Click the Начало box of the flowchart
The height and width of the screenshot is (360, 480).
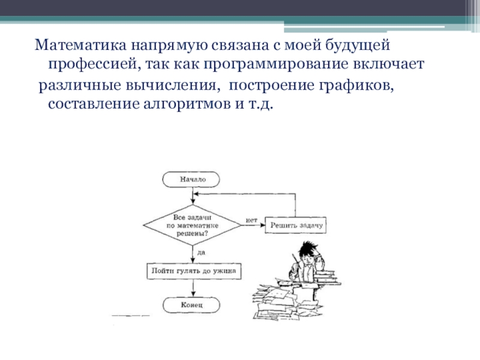pos(191,179)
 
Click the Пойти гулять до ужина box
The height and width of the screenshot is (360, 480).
pos(191,271)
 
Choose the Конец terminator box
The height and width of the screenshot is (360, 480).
pos(191,305)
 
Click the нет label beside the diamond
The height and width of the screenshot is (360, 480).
pos(251,221)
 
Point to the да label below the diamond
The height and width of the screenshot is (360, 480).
pos(200,253)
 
